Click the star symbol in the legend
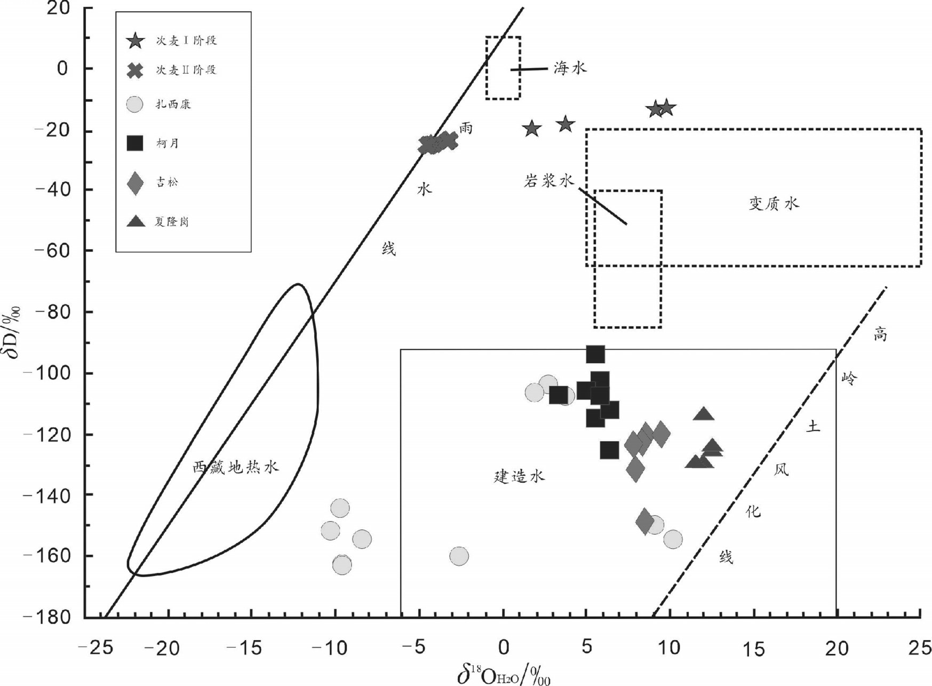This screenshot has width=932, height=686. coord(136,41)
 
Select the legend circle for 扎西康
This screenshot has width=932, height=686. coord(136,104)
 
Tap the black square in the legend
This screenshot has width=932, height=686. coord(135,143)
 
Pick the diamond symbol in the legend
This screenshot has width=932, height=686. coord(136,183)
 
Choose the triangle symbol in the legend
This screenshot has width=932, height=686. coord(136,221)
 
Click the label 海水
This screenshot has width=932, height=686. coord(570,68)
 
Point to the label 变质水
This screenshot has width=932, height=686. coord(774,203)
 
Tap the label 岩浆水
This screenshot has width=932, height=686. coord(548,181)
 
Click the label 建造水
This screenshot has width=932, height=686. coord(519,476)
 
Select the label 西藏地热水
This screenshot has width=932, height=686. coord(235,468)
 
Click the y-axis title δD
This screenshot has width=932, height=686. coord(13,330)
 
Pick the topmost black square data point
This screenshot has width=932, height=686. coord(595,354)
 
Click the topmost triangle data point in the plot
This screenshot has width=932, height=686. coord(704,414)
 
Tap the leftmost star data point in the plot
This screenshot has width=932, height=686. coord(531,128)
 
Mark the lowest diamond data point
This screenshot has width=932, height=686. coord(645,521)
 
